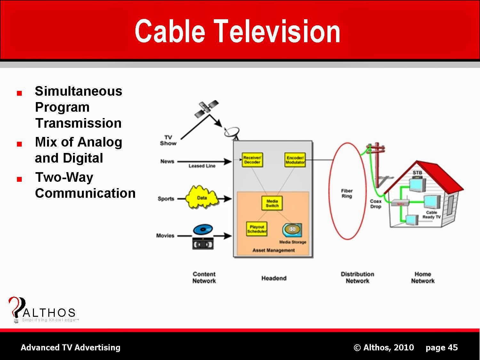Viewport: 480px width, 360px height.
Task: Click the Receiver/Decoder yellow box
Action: [x=252, y=160]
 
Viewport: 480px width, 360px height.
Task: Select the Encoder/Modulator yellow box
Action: [x=295, y=160]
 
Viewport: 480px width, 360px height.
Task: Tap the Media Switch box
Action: [x=272, y=204]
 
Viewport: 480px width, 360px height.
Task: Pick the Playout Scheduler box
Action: [x=257, y=229]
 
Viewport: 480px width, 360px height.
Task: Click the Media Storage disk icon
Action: [x=292, y=230]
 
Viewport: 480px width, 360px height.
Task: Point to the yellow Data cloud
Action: [x=202, y=197]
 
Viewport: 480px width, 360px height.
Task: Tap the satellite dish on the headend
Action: [x=232, y=132]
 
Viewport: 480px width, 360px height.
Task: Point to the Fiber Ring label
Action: [x=347, y=194]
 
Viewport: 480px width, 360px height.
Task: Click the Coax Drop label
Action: [x=376, y=204]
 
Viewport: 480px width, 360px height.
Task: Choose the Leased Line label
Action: [x=202, y=166]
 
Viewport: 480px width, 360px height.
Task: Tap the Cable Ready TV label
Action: [x=431, y=215]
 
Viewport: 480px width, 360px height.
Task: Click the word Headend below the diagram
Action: [x=274, y=278]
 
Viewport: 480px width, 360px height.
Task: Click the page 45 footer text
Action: [x=442, y=348]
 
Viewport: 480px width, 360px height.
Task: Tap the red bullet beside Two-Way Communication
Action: [x=20, y=179]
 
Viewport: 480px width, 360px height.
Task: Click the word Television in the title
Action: [x=277, y=31]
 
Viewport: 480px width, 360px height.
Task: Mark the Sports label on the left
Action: [x=166, y=199]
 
